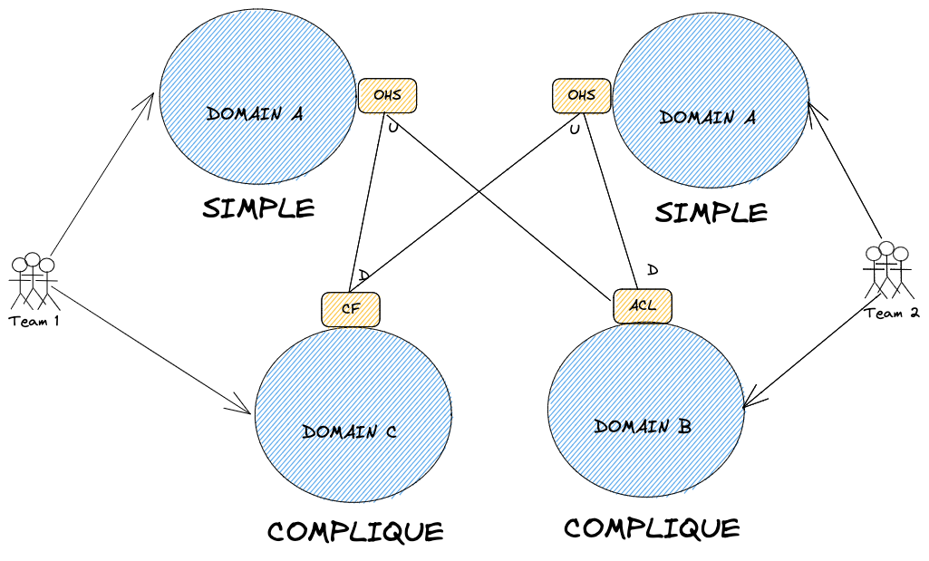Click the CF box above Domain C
351,309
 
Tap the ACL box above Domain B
643,305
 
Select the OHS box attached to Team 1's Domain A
387,95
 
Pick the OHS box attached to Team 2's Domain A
581,95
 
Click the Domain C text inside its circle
350,432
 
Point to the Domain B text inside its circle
643,426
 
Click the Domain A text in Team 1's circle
255,114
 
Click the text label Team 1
34,321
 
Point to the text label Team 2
892,313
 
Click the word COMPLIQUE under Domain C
355,531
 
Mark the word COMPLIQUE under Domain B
652,527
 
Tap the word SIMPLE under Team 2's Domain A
711,213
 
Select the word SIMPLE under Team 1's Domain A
258,208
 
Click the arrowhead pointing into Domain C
243,406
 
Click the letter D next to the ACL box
652,270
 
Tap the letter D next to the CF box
363,275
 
